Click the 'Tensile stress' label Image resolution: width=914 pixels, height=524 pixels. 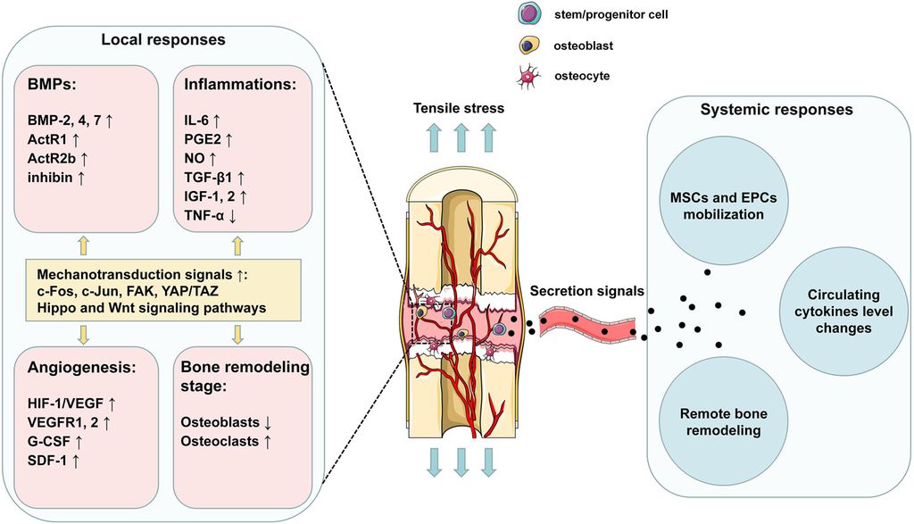459,108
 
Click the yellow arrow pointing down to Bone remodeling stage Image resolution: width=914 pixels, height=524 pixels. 237,334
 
